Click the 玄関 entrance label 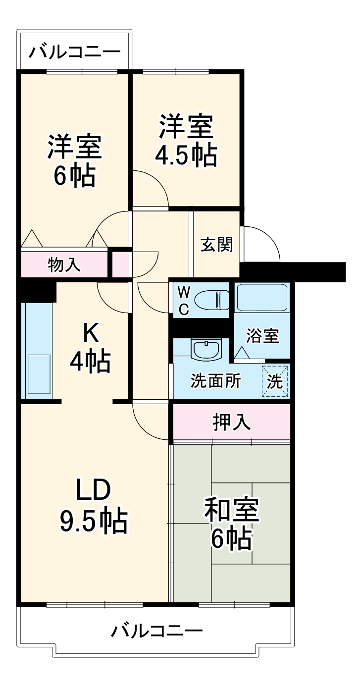(x=216, y=244)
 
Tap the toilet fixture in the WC (x=211, y=300)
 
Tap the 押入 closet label (x=231, y=422)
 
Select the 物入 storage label (x=64, y=265)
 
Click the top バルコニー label (x=74, y=52)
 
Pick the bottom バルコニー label (x=156, y=631)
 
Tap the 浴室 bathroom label (x=263, y=336)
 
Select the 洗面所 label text (x=216, y=381)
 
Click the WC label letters (x=183, y=300)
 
